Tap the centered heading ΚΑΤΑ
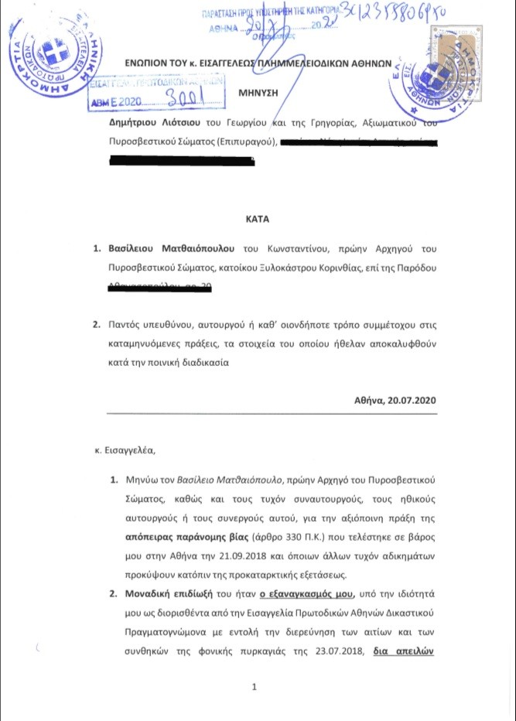pyautogui.click(x=258, y=219)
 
